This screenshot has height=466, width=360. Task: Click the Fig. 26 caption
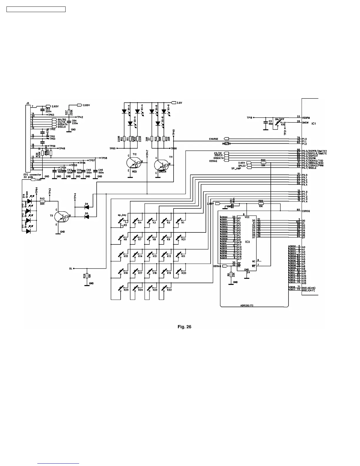click(x=184, y=327)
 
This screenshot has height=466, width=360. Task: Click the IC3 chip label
click(x=247, y=242)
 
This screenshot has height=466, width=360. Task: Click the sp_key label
click(x=122, y=215)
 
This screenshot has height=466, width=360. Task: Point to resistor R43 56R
click(x=42, y=201)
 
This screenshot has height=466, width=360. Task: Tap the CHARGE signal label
click(x=214, y=139)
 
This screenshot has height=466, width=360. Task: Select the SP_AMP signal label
click(x=236, y=168)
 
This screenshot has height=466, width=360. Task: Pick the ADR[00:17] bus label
click(x=246, y=305)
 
